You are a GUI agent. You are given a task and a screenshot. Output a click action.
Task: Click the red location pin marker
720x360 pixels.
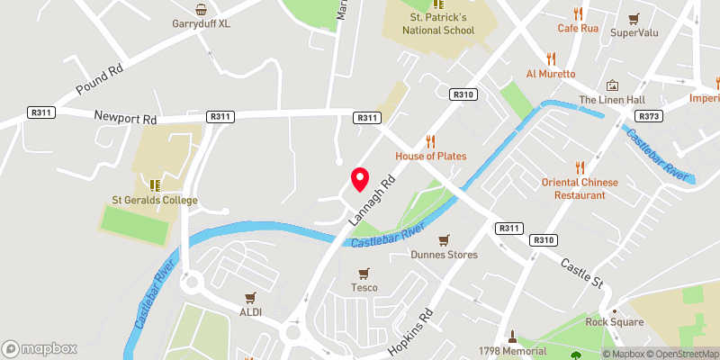359,178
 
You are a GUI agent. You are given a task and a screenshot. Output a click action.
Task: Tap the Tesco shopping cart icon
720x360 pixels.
364,274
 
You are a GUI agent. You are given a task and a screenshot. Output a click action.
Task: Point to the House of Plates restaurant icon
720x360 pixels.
430,141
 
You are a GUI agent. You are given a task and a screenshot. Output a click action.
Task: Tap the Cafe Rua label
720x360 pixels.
578,28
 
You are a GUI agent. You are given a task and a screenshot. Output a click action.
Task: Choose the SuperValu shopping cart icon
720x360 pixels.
634,18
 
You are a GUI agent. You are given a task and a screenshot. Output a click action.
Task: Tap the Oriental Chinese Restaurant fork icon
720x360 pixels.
579,167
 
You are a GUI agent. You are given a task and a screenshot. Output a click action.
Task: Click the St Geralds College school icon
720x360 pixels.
155,185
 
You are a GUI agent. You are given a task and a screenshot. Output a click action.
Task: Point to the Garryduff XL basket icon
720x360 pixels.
202,9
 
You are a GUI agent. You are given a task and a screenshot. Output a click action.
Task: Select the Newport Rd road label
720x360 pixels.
125,117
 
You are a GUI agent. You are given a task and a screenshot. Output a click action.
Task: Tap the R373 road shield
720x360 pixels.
648,116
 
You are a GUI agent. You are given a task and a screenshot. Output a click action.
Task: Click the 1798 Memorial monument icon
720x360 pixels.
512,337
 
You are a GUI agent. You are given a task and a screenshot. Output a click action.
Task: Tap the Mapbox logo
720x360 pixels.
40,348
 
